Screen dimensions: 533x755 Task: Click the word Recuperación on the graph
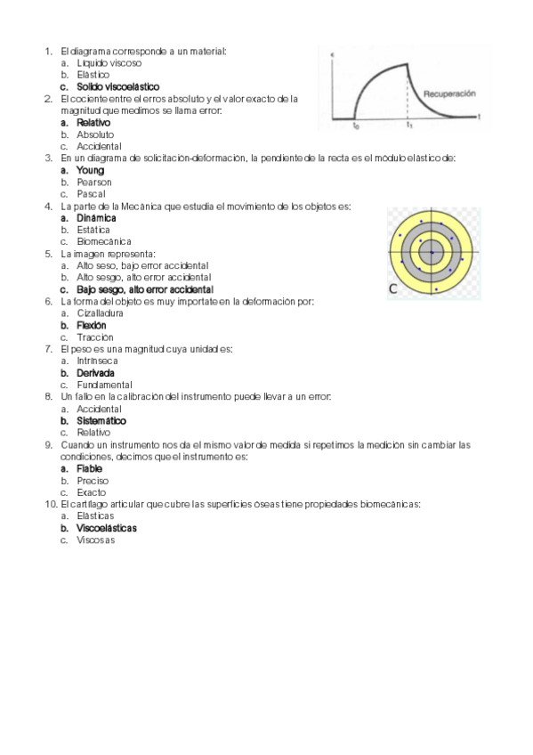[449, 93]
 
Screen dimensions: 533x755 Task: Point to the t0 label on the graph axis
[355, 126]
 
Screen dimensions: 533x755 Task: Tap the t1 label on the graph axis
[408, 126]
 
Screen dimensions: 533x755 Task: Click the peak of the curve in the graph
[408, 62]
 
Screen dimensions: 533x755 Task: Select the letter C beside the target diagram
[392, 288]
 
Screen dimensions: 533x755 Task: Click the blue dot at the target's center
[432, 253]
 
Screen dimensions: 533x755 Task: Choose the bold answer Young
[90, 170]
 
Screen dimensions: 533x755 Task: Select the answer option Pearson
[94, 182]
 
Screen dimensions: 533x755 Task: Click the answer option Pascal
[91, 193]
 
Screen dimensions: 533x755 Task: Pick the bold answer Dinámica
[96, 217]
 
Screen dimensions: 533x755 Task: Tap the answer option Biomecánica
[104, 241]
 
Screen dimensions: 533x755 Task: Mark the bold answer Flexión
[93, 326]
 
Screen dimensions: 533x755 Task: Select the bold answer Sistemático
[101, 420]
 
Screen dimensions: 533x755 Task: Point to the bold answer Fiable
[90, 468]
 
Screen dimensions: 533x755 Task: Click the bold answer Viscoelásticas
[107, 528]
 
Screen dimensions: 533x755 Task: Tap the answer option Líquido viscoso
[109, 63]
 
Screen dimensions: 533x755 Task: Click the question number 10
[51, 504]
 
